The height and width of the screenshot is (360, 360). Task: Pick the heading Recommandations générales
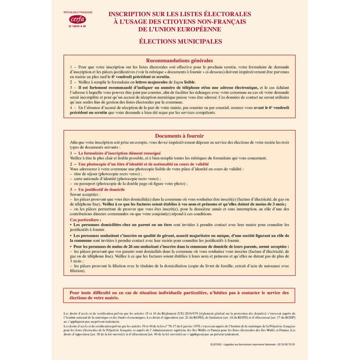tap(180, 60)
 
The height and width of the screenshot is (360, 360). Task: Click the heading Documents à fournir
tap(180, 136)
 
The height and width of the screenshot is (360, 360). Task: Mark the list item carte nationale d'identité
tap(117, 179)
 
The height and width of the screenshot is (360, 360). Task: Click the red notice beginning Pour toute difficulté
tap(180, 295)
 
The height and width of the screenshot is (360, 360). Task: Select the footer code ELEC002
tap(217, 344)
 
